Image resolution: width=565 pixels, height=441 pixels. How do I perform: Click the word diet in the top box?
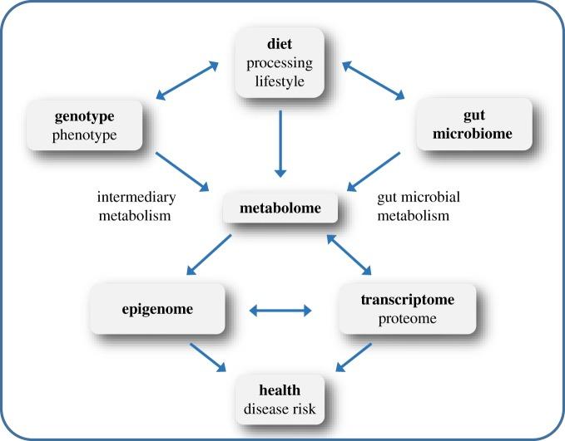tap(281, 44)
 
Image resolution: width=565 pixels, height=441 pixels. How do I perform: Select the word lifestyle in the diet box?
tap(281, 81)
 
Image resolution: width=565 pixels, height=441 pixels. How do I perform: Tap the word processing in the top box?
tap(281, 63)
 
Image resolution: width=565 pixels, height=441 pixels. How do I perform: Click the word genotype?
tap(82, 115)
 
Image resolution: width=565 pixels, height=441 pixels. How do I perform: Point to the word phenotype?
tap(82, 135)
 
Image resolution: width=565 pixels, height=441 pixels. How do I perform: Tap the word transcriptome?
tap(408, 300)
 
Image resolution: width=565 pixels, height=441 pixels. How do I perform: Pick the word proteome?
tap(408, 319)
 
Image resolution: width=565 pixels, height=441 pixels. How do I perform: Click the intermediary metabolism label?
tap(135, 208)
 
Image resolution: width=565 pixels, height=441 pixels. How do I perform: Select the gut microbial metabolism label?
tap(419, 208)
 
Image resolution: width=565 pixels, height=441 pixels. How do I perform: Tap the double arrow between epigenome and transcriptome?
tap(281, 311)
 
